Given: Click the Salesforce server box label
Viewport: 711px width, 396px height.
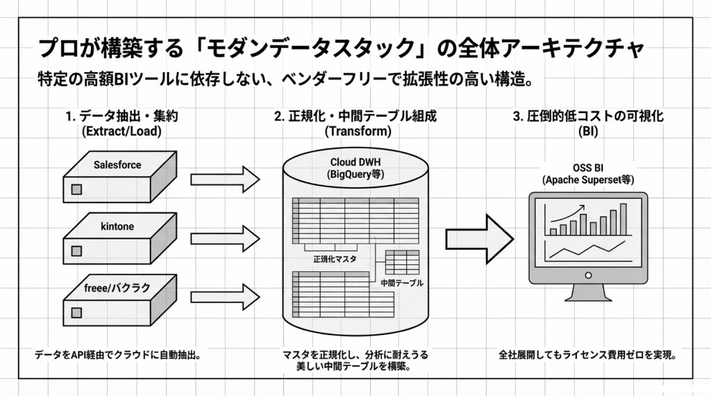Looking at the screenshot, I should [117, 165].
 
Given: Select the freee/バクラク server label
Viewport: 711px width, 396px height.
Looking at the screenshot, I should [117, 288].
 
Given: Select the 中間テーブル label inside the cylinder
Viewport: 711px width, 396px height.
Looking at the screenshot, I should [401, 283].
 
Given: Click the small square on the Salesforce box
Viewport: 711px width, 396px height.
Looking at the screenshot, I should [76, 189].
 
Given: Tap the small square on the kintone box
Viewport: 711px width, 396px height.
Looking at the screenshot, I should [76, 249].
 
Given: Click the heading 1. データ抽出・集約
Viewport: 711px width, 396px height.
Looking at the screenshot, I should [122, 117].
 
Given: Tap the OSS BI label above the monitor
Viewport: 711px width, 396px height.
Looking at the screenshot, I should [587, 167].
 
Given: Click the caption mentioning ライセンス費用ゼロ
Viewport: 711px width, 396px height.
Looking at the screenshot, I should [587, 355].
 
